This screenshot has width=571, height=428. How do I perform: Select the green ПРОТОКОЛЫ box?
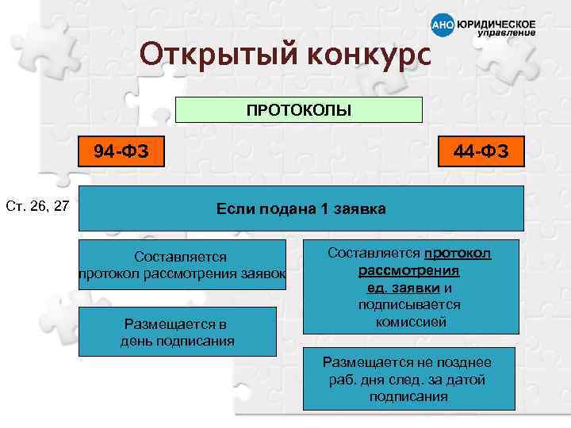tap(298, 109)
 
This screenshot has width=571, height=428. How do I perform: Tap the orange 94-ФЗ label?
tap(119, 150)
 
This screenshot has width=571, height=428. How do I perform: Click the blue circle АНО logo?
tap(443, 26)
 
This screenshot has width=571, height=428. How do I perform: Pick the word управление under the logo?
tap(506, 34)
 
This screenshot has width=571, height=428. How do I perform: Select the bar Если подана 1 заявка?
tap(301, 209)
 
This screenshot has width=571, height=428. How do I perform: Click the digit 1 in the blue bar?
tap(323, 209)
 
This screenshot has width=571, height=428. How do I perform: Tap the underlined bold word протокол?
tap(458, 253)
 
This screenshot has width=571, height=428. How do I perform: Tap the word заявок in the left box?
tap(266, 273)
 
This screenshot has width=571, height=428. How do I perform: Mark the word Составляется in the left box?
tap(180, 257)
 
